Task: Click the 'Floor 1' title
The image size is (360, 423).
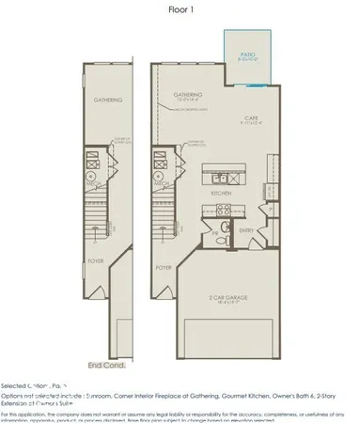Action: [180, 10]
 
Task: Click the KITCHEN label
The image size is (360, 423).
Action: [221, 193]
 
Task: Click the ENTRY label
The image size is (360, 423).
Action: [247, 229]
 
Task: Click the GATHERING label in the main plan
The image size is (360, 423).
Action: [188, 96]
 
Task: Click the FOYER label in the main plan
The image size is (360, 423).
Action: [167, 266]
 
